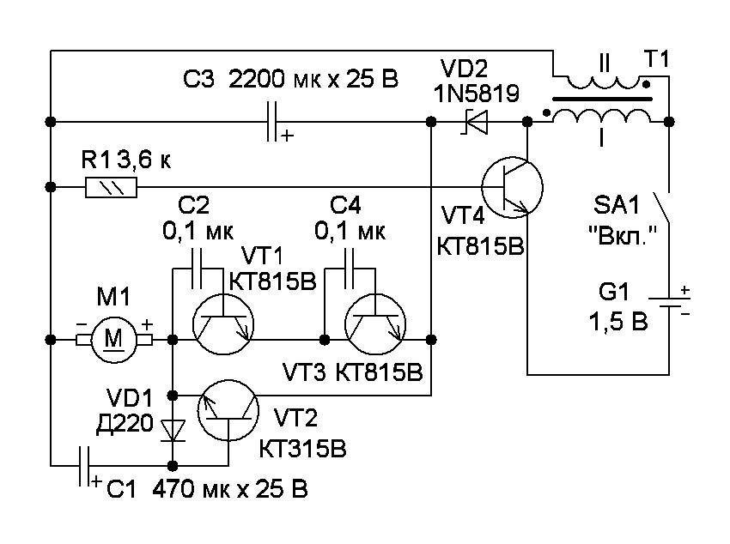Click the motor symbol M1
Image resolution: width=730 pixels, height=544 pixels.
(x=114, y=339)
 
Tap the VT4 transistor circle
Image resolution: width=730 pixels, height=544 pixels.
(x=513, y=186)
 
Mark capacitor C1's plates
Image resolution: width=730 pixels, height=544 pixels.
(x=84, y=467)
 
